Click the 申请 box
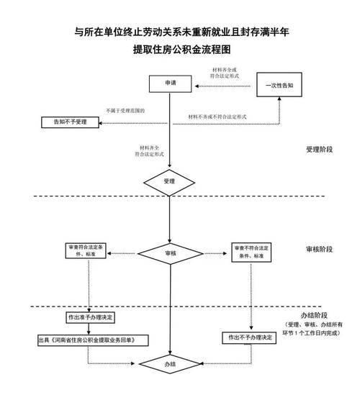168,85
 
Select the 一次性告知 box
278,85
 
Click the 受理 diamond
168,181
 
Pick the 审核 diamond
168,253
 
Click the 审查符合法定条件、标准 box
86,252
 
